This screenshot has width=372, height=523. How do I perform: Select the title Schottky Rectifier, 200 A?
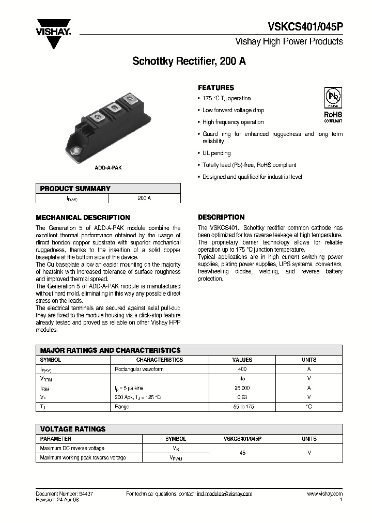(x=189, y=61)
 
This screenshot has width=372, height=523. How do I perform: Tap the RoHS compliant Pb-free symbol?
(x=333, y=98)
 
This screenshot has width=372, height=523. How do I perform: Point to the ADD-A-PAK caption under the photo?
(x=108, y=168)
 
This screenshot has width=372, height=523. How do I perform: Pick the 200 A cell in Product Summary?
(x=145, y=198)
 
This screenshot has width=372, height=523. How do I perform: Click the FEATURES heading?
(x=216, y=88)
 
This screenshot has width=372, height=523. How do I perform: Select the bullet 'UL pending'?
(x=216, y=153)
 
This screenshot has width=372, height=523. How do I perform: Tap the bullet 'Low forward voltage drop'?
(x=233, y=110)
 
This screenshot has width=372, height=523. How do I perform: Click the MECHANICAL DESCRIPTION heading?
(x=83, y=218)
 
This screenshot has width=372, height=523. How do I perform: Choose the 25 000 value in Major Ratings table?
(x=242, y=388)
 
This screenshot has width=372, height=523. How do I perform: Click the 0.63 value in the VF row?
(x=242, y=397)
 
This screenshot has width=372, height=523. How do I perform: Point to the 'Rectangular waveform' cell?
(x=139, y=369)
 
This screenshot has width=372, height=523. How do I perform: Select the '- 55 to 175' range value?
(x=242, y=407)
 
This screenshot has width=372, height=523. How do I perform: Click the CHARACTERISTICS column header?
(x=159, y=360)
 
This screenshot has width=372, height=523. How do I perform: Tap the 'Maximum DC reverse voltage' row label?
(x=72, y=448)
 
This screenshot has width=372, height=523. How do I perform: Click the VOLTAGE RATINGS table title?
(x=73, y=429)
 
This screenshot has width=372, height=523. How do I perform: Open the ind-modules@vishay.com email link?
(x=224, y=494)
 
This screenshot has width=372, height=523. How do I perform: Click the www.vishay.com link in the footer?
(x=324, y=494)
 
